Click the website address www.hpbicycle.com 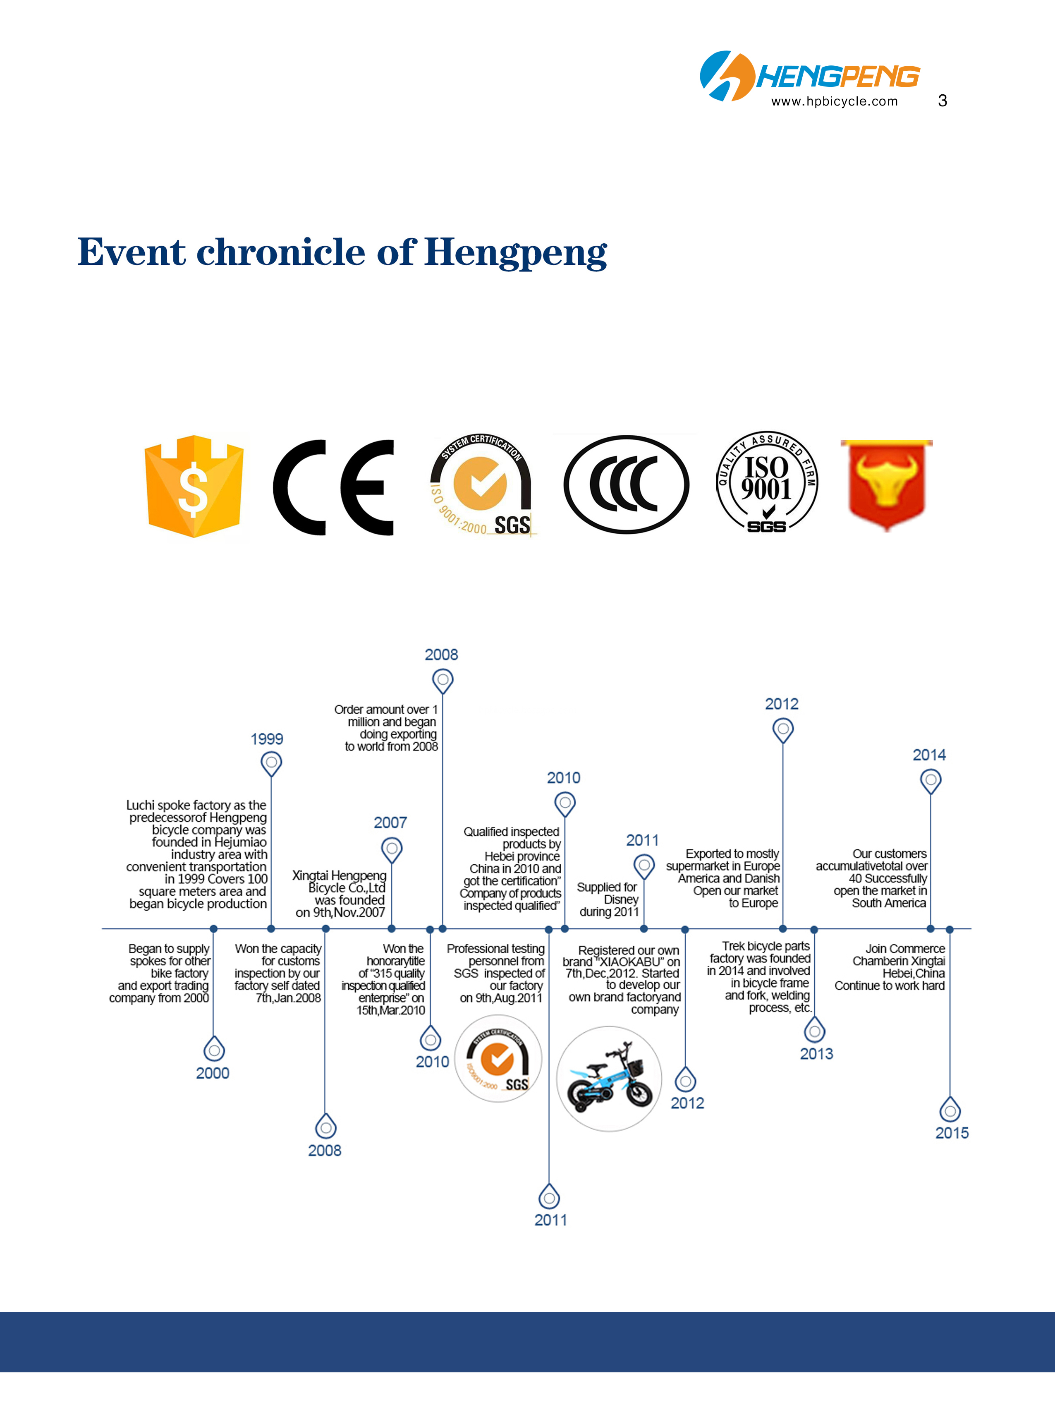834,101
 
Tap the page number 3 942,100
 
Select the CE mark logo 333,487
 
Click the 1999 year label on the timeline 267,739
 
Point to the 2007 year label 390,823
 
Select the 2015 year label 952,1133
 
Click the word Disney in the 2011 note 621,899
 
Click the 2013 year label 816,1054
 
